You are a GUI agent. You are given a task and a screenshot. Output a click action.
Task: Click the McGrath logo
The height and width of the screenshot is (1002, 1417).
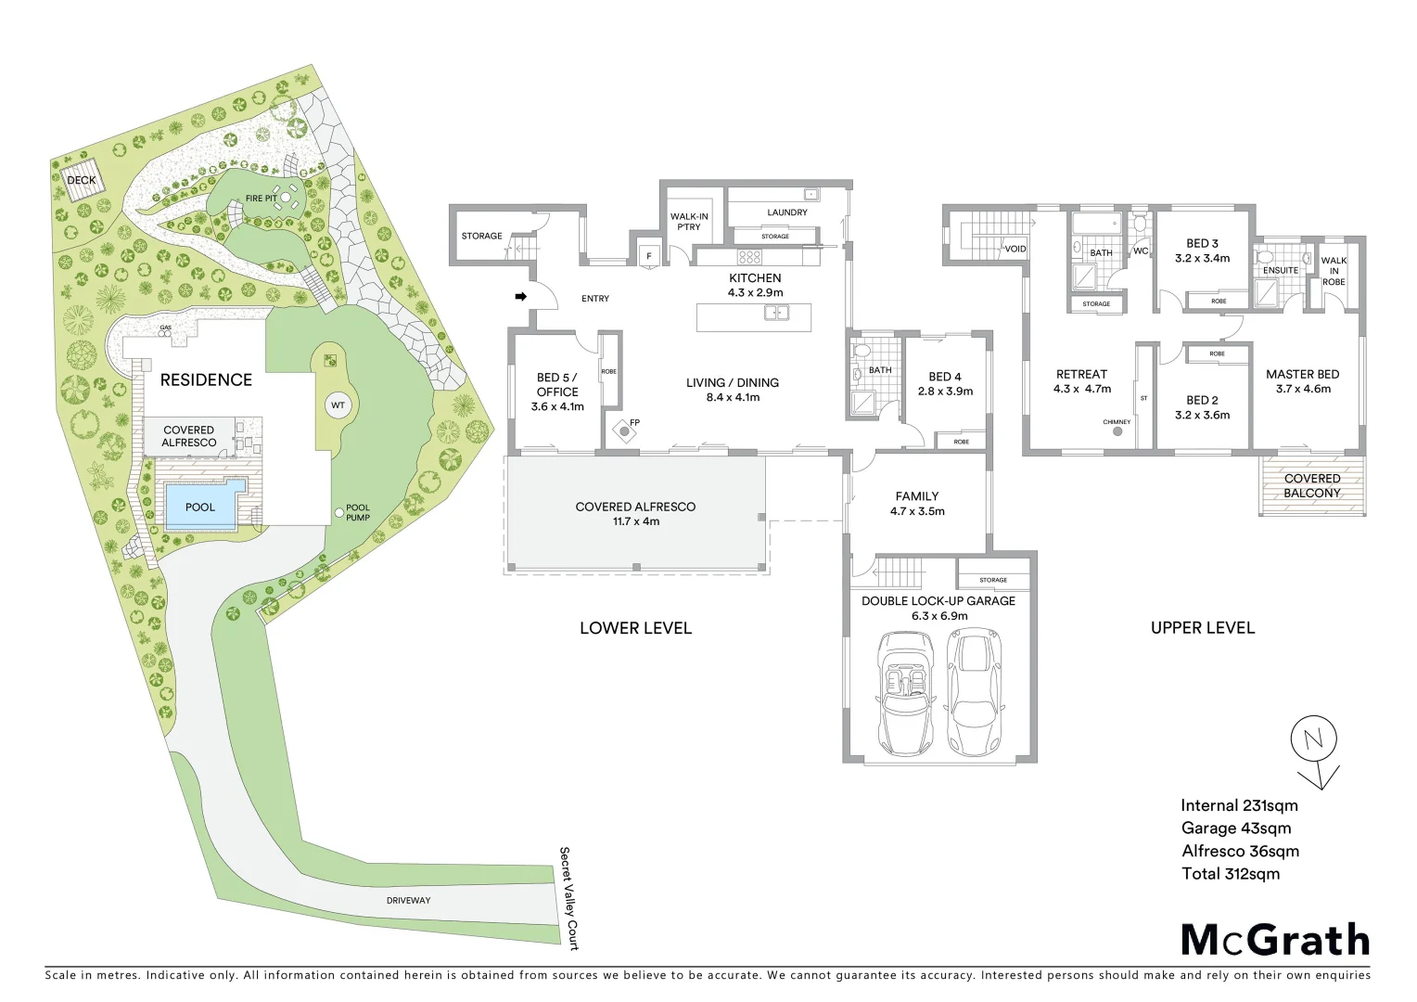[1275, 940]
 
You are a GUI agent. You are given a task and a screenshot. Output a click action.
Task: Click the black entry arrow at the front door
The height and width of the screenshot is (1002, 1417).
[521, 297]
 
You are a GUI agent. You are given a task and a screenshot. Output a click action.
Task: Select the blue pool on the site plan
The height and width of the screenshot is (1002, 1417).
[199, 507]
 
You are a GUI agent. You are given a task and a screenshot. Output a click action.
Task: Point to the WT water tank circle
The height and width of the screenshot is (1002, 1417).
[337, 405]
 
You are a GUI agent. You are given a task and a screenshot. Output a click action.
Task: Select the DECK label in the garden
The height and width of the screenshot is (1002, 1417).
[82, 180]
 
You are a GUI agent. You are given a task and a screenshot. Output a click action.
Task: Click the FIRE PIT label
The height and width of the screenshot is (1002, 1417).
[261, 199]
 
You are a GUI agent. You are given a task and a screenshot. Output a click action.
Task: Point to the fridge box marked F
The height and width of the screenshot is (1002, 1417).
[648, 254]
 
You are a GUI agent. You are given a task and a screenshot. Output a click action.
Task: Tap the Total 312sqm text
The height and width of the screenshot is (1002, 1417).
[1230, 873]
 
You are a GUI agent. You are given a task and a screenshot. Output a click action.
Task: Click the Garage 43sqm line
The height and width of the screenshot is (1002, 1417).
[1235, 829]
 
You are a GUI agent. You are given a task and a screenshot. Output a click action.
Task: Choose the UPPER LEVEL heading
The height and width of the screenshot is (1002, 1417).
[1202, 628]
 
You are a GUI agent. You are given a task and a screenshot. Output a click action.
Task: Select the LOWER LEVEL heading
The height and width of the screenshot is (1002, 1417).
[635, 628]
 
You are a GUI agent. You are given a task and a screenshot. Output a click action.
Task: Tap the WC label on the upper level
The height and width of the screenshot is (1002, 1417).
[1140, 251]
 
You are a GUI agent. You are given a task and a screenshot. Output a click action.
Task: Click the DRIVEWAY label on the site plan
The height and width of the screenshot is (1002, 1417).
[408, 900]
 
